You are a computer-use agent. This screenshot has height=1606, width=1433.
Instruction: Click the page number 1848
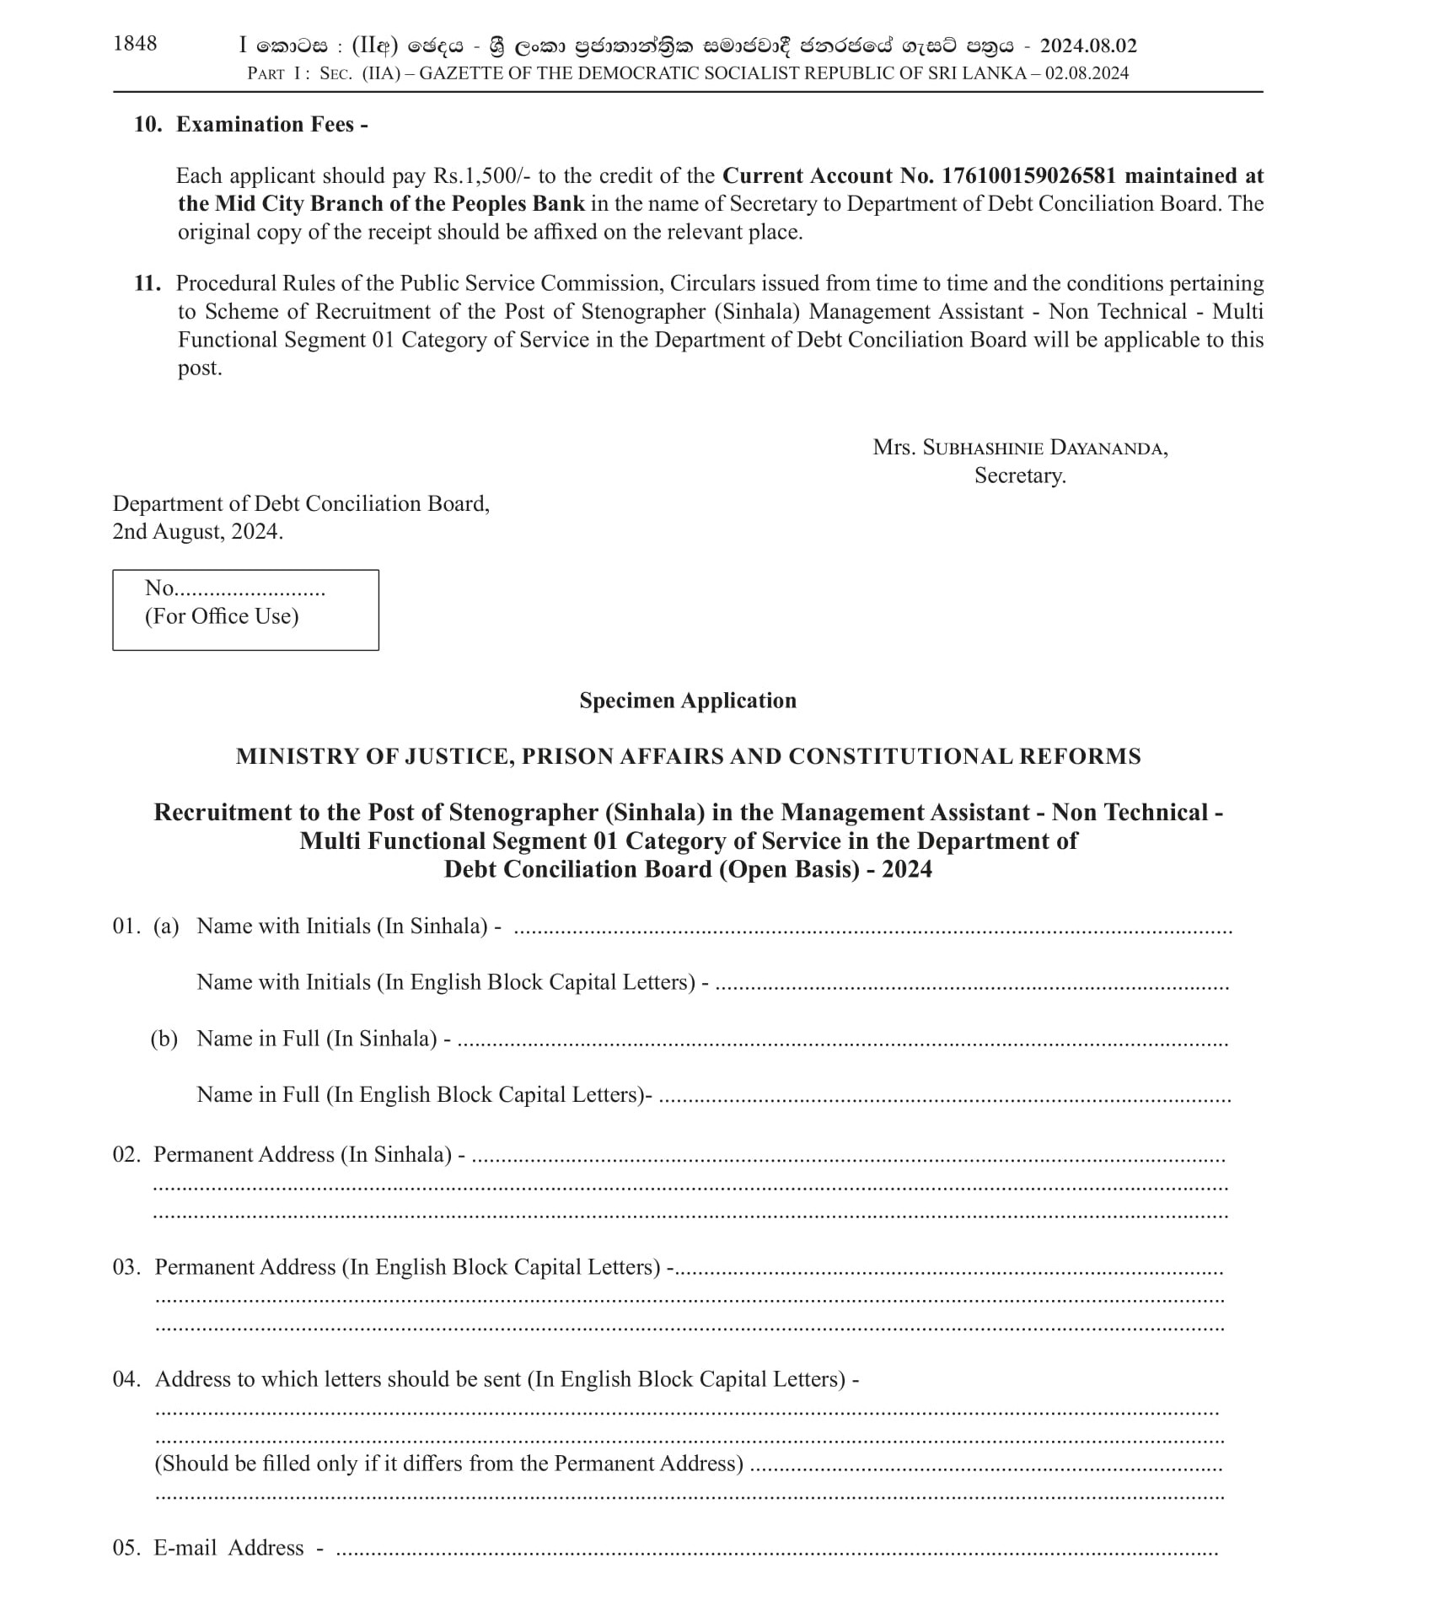pyautogui.click(x=135, y=44)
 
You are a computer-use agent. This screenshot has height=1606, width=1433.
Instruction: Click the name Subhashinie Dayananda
pyautogui.click(x=1044, y=448)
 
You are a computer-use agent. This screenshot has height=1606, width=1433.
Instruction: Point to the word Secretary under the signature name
pyautogui.click(x=1020, y=476)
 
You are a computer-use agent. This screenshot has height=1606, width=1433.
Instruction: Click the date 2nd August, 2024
pyautogui.click(x=198, y=532)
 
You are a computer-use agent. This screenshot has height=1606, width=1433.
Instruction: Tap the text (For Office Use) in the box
pyautogui.click(x=222, y=616)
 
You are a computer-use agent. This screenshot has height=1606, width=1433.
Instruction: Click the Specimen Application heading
pyautogui.click(x=688, y=701)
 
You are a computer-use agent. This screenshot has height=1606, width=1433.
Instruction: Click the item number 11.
pyautogui.click(x=147, y=283)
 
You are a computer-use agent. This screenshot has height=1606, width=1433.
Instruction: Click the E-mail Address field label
pyautogui.click(x=228, y=1548)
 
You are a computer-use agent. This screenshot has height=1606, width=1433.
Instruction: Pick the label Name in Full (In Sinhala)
pyautogui.click(x=317, y=1039)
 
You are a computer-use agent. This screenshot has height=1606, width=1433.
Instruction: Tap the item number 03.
pyautogui.click(x=126, y=1267)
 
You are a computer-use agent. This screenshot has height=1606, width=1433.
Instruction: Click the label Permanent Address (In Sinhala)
pyautogui.click(x=303, y=1154)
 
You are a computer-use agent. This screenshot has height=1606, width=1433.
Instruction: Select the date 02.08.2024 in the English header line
pyautogui.click(x=1087, y=73)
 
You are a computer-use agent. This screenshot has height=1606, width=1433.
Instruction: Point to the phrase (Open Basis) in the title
pyautogui.click(x=788, y=869)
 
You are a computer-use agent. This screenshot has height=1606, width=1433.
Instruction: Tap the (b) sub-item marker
pyautogui.click(x=164, y=1039)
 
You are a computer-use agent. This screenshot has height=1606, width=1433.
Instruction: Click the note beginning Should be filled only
pyautogui.click(x=449, y=1464)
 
